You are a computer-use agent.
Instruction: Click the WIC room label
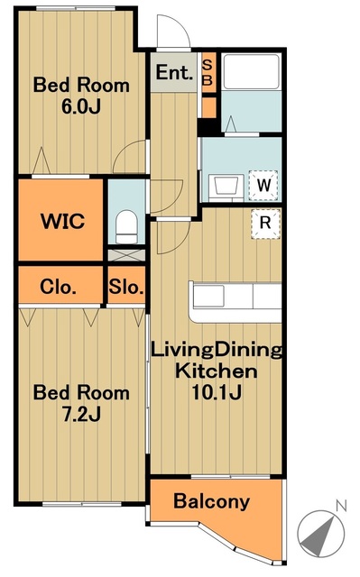[63, 221]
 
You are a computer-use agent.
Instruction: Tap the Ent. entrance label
[174, 72]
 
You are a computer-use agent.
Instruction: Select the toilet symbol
[126, 226]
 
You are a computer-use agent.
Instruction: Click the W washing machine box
[263, 185]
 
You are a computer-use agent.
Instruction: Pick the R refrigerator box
[265, 223]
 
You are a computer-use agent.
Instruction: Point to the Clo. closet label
[58, 287]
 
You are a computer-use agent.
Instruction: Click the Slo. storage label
[126, 287]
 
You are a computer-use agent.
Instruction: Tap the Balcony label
[212, 501]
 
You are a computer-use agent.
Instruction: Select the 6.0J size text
[81, 106]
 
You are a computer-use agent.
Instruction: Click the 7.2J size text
[81, 415]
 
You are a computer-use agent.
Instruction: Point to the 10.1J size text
[217, 393]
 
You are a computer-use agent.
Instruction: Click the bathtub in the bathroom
[252, 72]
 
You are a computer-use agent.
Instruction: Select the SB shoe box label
[208, 72]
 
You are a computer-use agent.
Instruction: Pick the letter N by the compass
[341, 507]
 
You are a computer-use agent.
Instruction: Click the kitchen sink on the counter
[208, 296]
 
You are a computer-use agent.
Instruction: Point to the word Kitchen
[216, 371]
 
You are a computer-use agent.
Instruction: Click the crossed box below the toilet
[126, 255]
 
